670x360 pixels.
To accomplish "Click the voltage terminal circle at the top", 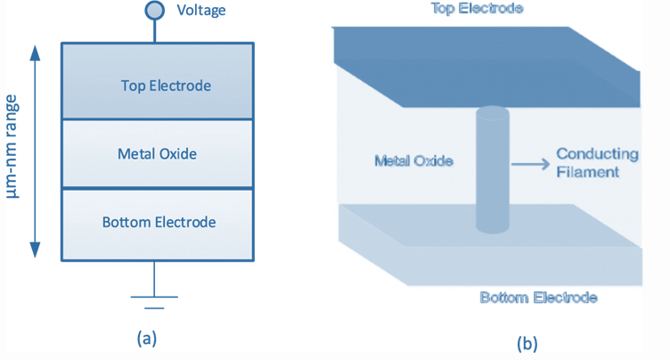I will coord(155,11).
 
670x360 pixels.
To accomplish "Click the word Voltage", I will coord(201,11).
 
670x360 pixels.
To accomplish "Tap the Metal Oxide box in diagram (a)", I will coord(157,153).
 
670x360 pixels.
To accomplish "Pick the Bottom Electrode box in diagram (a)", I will coord(157,222).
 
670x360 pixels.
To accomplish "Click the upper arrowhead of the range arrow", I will coord(37,51).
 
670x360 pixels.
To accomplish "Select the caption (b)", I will coord(525,341).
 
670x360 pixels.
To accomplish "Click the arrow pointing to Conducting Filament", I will coord(529,163).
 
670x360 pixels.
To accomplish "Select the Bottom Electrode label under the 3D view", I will coord(537,298).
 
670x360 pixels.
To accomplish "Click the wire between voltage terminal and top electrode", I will coord(155,31).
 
